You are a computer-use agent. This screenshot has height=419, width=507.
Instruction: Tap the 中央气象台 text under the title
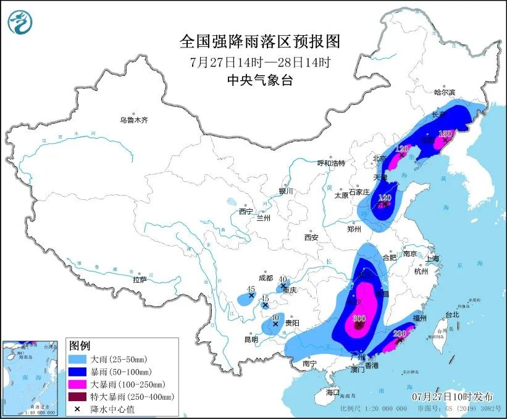tap(259, 80)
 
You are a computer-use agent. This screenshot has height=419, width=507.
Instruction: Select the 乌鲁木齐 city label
tap(134, 120)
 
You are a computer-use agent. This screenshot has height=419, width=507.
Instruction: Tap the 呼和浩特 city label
tap(331, 163)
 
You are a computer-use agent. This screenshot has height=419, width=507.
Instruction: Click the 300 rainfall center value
tap(358, 318)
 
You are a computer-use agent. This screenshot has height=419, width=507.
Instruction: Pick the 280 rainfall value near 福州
tap(400, 334)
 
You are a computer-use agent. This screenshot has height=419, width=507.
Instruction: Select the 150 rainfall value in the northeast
tap(445, 133)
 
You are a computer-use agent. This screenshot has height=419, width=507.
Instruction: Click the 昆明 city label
tap(251, 339)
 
